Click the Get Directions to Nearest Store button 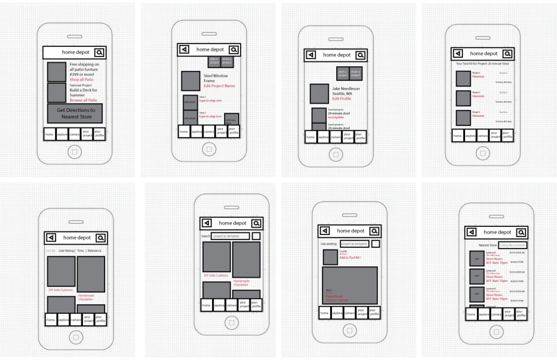point(75,113)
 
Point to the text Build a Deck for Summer point(84,92)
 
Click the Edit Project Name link point(219,86)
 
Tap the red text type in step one point(210,101)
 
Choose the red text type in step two point(210,117)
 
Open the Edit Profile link point(342,99)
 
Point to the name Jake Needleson point(346,89)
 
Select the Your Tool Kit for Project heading point(482,63)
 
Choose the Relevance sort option point(94,251)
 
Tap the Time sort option point(81,251)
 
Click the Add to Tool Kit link point(350,258)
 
